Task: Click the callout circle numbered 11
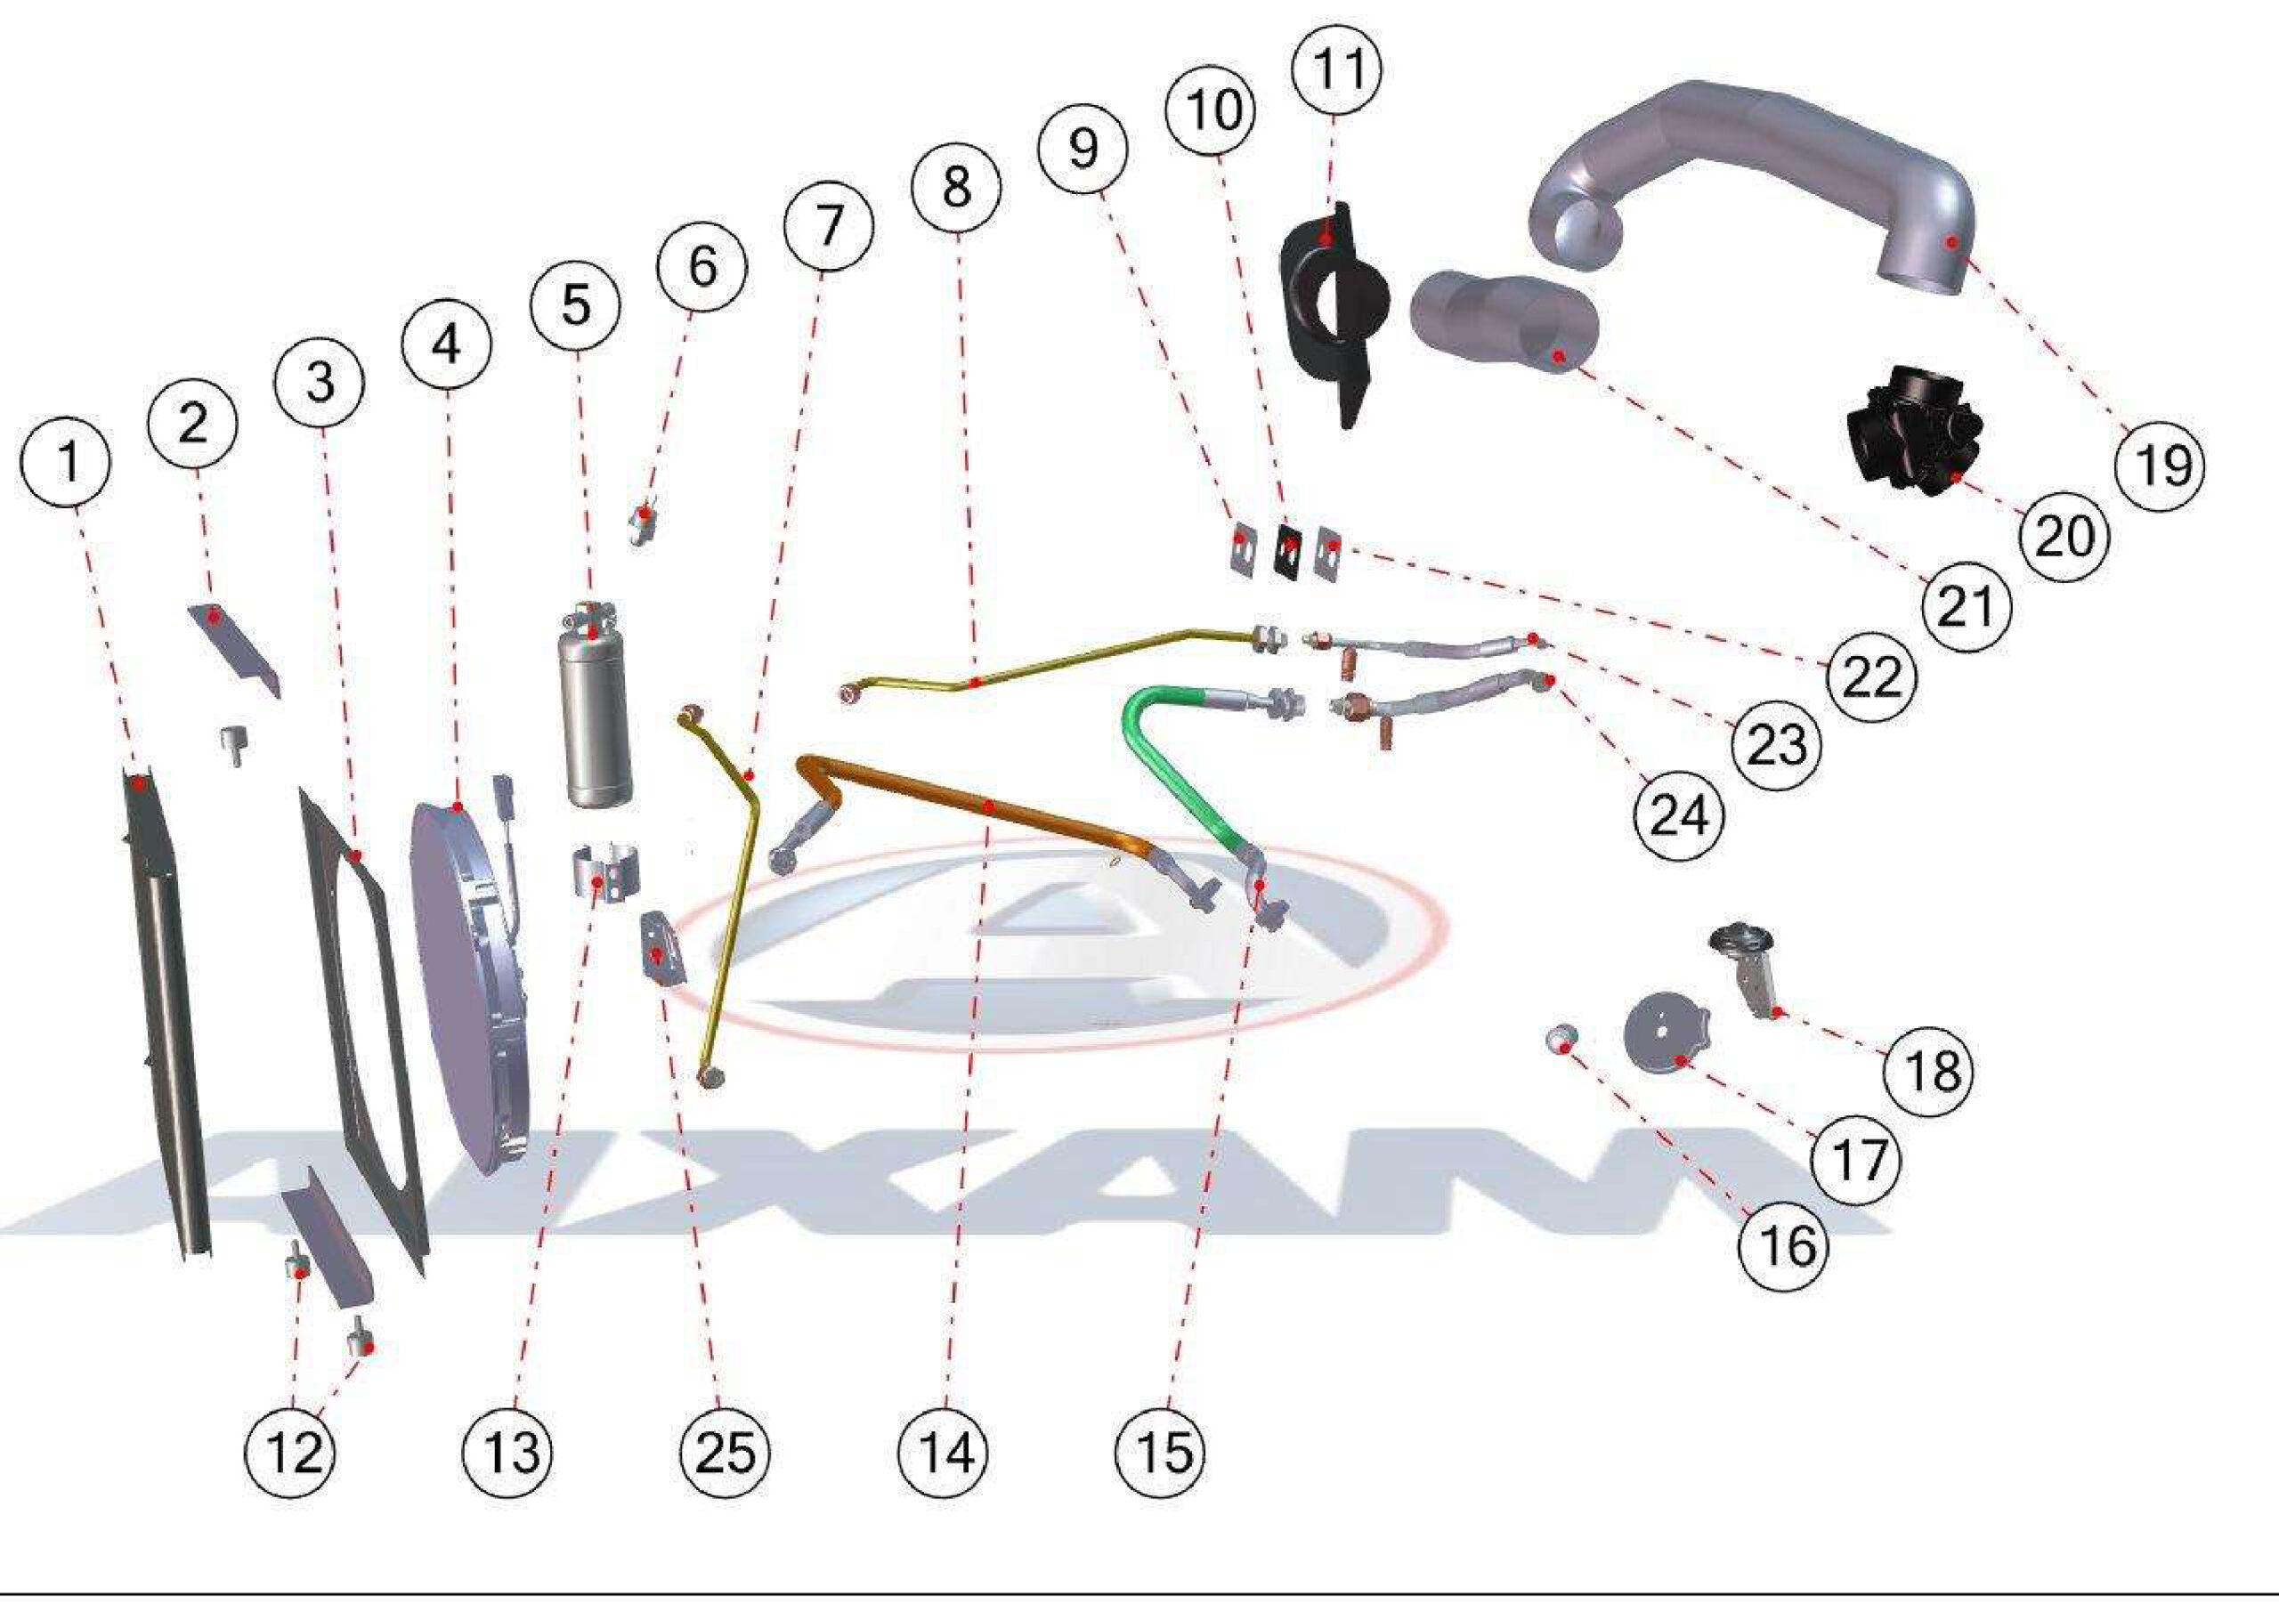(x=1336, y=69)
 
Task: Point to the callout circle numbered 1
(x=68, y=462)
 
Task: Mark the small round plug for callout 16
(x=1561, y=1040)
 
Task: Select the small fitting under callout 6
(x=645, y=521)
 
